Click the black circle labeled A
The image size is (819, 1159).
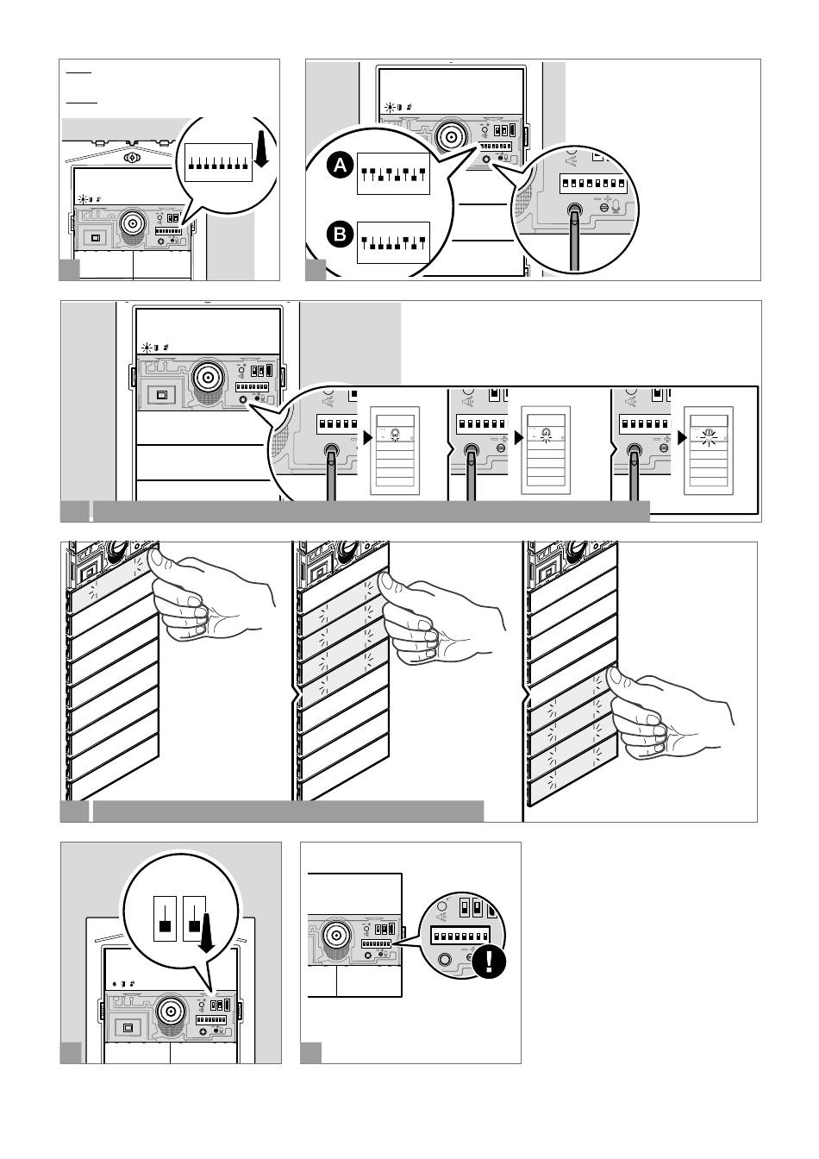coord(340,166)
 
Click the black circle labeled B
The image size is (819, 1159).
coord(340,235)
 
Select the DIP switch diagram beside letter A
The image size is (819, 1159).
coord(393,174)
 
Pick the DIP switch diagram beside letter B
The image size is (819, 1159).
coord(393,242)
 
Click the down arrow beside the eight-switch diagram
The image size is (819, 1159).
coord(262,149)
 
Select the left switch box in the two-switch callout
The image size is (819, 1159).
coord(165,918)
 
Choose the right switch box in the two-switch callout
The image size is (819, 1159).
coord(195,918)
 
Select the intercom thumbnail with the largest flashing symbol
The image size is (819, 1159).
coord(709,451)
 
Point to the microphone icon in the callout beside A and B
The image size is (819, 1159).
coord(616,206)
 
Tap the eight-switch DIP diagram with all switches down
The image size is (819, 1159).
coord(218,162)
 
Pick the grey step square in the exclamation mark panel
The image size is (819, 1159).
coord(311,1053)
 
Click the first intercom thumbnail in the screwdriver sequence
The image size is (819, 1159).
coord(395,451)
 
